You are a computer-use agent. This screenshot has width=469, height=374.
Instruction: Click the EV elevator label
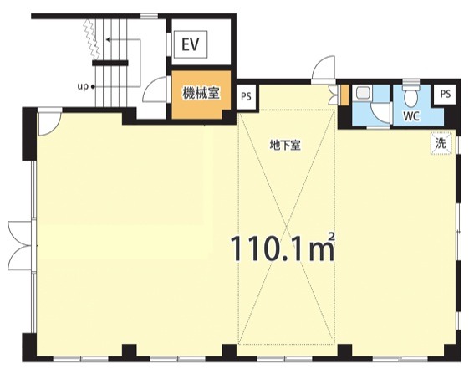tap(191, 44)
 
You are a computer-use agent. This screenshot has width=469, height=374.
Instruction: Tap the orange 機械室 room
tap(201, 95)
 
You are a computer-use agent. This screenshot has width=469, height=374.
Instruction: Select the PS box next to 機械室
tap(246, 97)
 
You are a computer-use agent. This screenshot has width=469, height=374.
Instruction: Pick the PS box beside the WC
tap(446, 95)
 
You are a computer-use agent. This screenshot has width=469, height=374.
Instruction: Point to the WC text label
tap(411, 116)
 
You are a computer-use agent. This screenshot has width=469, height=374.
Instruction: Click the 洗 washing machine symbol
tap(441, 143)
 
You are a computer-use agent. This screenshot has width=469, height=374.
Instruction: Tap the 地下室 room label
tap(285, 146)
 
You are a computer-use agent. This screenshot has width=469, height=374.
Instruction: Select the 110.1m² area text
tap(283, 248)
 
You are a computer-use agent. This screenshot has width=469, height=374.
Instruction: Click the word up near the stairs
tap(83, 87)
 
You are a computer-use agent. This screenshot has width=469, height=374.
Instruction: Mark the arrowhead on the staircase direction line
tap(108, 39)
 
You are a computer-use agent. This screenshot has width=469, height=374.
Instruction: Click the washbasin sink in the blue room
tap(364, 93)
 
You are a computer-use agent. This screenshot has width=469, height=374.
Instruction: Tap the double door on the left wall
tap(21, 245)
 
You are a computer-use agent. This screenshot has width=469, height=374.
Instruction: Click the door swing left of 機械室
tap(155, 89)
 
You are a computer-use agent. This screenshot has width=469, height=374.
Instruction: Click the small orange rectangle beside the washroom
tap(345, 95)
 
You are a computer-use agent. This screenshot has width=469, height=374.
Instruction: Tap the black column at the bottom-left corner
tap(29, 347)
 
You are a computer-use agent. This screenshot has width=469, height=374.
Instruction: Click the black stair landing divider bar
tap(110, 64)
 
